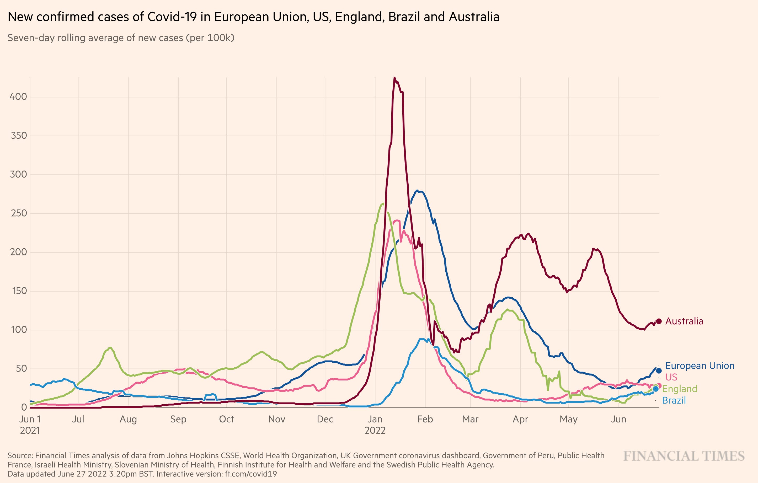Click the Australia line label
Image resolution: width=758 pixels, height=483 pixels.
click(684, 321)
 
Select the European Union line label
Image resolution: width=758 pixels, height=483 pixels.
click(700, 366)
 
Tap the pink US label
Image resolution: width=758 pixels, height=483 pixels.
click(671, 377)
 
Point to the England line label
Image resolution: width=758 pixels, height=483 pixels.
click(680, 389)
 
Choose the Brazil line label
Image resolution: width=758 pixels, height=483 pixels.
click(674, 401)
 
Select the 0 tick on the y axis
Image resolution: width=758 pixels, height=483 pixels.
click(24, 407)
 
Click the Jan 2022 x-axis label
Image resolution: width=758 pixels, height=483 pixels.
click(375, 425)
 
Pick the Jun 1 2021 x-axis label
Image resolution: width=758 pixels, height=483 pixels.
click(30, 425)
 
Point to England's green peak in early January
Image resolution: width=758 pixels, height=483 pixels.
click(382, 203)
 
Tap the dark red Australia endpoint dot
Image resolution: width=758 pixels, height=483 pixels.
click(659, 321)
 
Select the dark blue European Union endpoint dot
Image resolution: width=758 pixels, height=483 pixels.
click(659, 371)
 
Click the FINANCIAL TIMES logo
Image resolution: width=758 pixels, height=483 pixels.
click(684, 456)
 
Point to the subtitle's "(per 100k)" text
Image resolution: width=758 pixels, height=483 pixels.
click(210, 38)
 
